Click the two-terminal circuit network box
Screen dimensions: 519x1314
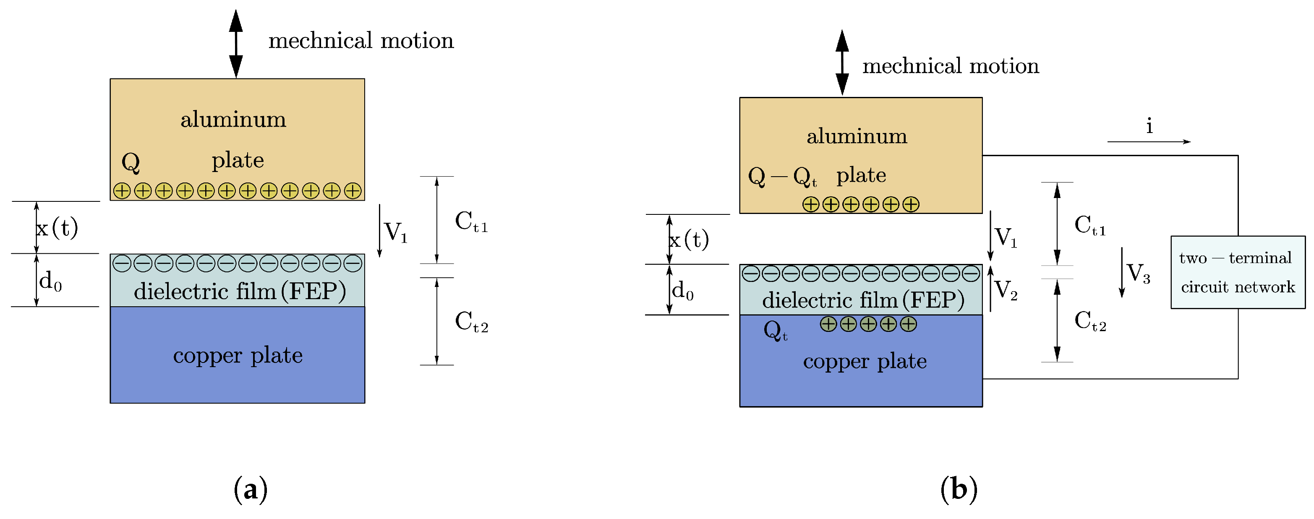pos(1238,272)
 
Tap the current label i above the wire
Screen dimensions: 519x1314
pos(1149,126)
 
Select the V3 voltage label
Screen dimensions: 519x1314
pos(1138,273)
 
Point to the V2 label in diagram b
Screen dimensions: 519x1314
pos(1006,290)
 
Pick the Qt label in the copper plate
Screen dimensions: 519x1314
pos(775,330)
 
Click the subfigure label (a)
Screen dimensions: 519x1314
pos(251,490)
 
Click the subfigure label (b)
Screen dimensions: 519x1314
pos(959,490)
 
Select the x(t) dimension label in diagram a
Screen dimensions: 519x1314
pos(57,227)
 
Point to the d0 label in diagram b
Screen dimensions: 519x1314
pos(682,291)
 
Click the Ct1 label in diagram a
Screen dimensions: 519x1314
pos(471,222)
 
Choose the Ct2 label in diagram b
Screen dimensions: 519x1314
pos(1089,321)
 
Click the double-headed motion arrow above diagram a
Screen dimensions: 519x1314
pos(236,44)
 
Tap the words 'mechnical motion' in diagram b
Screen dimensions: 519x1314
pos(950,66)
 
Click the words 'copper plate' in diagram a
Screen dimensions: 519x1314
pos(238,355)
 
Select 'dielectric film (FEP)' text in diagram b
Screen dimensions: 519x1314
pos(863,300)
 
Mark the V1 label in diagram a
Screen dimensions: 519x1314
pos(395,232)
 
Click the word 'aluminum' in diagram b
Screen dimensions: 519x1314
pos(857,136)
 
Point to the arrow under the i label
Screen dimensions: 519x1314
pos(1148,142)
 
